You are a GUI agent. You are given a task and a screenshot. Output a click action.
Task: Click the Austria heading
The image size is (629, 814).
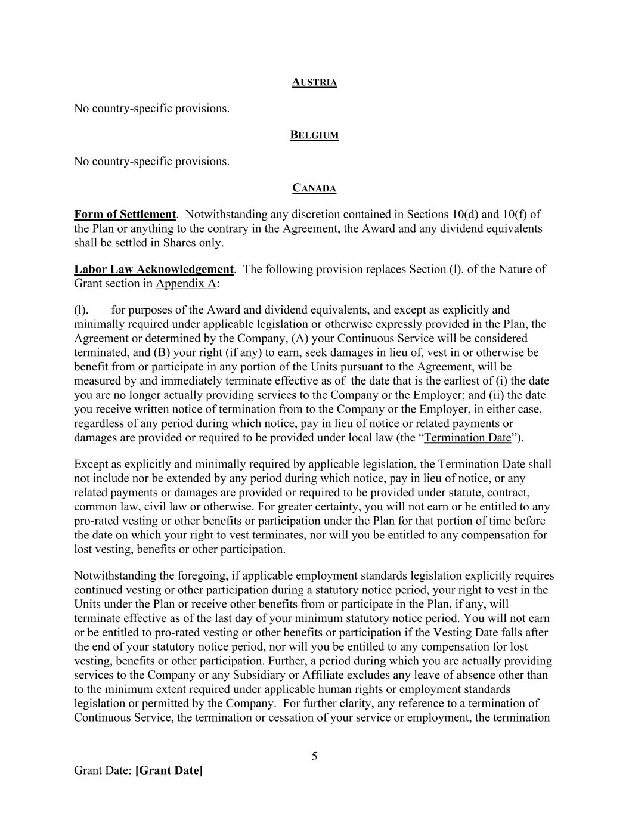[x=314, y=82]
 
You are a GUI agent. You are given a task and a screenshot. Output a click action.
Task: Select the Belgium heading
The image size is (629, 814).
[x=314, y=135]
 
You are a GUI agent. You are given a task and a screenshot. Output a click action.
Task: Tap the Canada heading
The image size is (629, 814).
[x=314, y=188]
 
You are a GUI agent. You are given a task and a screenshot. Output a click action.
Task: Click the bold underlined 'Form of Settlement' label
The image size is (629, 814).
[x=125, y=215]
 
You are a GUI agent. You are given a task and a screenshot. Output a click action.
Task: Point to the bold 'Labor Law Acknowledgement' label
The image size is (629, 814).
[x=154, y=269]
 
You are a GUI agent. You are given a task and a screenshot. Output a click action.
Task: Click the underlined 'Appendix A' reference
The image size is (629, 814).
[x=186, y=283]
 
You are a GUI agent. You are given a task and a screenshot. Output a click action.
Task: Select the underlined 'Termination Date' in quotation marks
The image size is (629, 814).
[x=467, y=438]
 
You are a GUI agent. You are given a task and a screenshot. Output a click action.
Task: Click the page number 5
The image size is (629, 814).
[x=314, y=757]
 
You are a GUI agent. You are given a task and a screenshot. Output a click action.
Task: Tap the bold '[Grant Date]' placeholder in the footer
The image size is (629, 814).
[x=169, y=770]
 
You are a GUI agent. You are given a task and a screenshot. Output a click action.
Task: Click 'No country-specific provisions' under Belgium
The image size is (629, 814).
[x=151, y=162]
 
